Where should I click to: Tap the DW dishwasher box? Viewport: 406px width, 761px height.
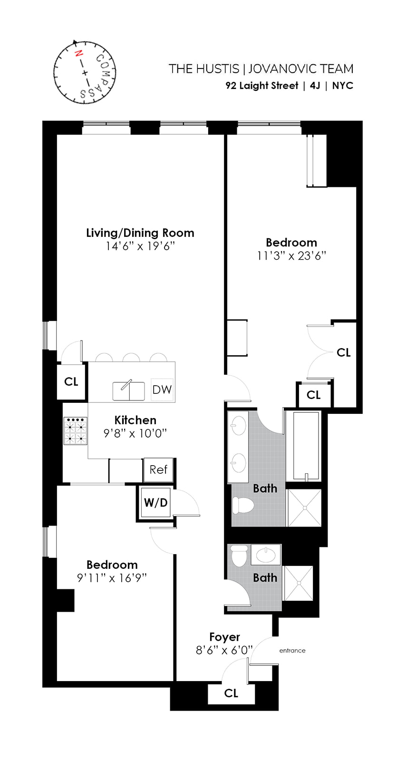[162, 390]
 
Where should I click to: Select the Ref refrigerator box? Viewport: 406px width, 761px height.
[158, 470]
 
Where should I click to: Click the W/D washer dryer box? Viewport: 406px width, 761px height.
[155, 503]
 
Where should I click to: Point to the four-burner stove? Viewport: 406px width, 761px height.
[76, 431]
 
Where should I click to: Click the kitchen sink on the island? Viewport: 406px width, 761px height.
[128, 391]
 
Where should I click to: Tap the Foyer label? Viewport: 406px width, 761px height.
[224, 637]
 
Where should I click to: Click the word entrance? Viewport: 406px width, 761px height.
[292, 650]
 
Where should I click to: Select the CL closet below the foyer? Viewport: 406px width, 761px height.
[231, 693]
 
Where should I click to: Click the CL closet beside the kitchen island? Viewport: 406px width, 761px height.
[71, 381]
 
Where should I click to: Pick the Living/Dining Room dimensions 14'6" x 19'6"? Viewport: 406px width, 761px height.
[140, 246]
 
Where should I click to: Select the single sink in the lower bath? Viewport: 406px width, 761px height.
[266, 555]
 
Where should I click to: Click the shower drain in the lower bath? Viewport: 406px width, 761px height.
[299, 583]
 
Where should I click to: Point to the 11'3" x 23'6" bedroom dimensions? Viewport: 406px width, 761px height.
[291, 256]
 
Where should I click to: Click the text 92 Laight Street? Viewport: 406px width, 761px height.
[261, 86]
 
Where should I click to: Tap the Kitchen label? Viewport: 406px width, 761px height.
[135, 420]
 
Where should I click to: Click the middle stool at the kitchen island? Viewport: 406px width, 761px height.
[131, 357]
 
